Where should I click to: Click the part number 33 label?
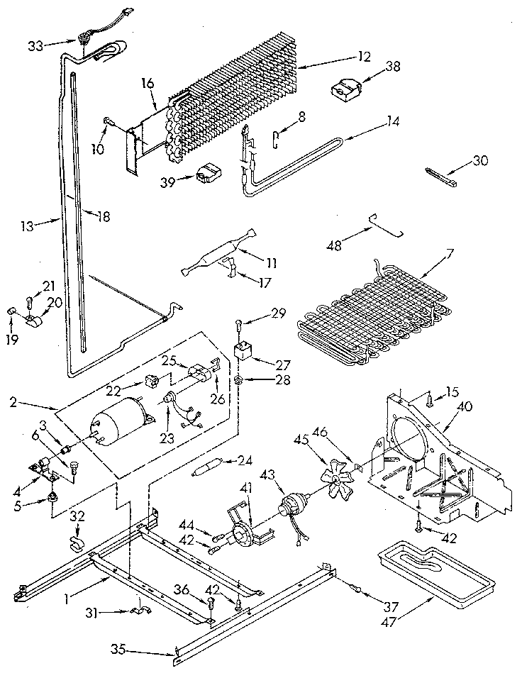point(35,45)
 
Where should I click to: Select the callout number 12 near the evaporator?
point(363,57)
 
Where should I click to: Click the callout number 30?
point(480,162)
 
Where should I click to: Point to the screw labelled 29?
point(240,325)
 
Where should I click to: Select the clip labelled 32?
point(76,544)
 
